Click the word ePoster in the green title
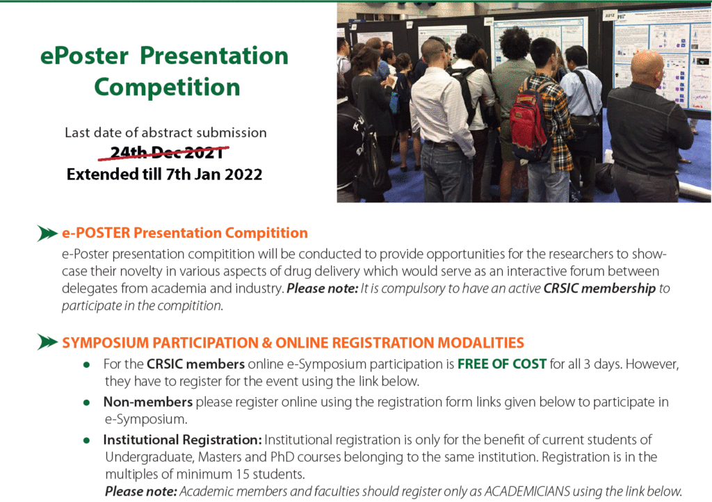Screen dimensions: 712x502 pyautogui.click(x=84, y=56)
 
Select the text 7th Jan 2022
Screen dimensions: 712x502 pyautogui.click(x=214, y=175)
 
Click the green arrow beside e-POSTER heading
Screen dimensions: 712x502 pyautogui.click(x=47, y=234)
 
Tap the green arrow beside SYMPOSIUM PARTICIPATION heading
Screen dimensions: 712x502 pyautogui.click(x=47, y=342)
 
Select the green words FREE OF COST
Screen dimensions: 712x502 pyautogui.click(x=502, y=364)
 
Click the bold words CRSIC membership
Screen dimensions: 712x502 pyautogui.click(x=599, y=289)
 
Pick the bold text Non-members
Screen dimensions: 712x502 pyautogui.click(x=148, y=402)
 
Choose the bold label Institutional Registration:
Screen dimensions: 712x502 pyautogui.click(x=183, y=440)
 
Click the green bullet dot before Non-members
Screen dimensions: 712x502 pyautogui.click(x=86, y=403)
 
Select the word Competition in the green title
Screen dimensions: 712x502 pyautogui.click(x=167, y=87)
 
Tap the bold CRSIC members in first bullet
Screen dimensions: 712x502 pyautogui.click(x=195, y=364)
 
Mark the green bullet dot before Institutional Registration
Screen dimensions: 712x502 pyautogui.click(x=86, y=440)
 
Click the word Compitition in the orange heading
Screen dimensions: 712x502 pyautogui.click(x=266, y=233)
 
